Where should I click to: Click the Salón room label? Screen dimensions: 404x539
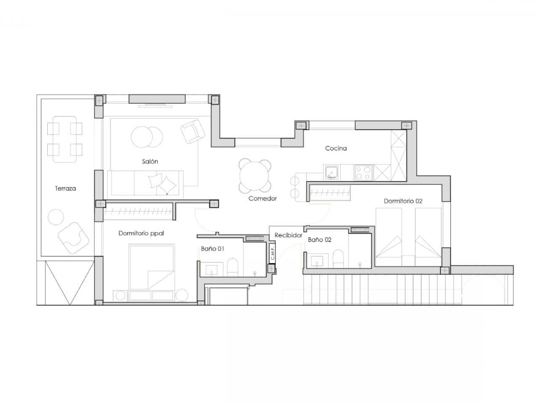(x=150, y=161)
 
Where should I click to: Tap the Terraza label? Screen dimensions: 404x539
(x=65, y=189)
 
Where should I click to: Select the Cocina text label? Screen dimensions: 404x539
(x=336, y=148)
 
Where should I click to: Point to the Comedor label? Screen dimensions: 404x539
(x=262, y=198)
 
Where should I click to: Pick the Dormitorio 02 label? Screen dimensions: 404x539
(x=403, y=201)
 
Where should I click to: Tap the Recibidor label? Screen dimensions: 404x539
(x=288, y=235)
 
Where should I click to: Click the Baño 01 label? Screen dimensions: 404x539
(x=212, y=249)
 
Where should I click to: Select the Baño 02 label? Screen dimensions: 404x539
(x=319, y=239)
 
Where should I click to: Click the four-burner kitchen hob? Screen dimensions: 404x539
(x=363, y=172)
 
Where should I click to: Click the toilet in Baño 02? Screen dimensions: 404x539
(x=338, y=258)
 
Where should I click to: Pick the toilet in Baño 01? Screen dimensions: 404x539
(x=232, y=267)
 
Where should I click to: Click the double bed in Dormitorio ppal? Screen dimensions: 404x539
(x=152, y=267)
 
